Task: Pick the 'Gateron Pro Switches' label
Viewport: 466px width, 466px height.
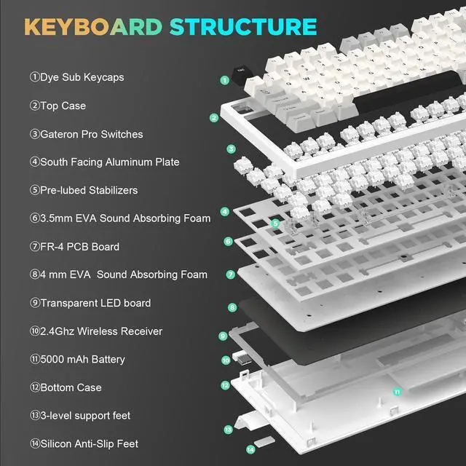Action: (86, 134)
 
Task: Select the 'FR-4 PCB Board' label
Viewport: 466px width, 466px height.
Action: (74, 246)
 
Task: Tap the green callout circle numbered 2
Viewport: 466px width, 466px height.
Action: (214, 117)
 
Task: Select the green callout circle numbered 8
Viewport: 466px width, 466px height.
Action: (232, 308)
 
